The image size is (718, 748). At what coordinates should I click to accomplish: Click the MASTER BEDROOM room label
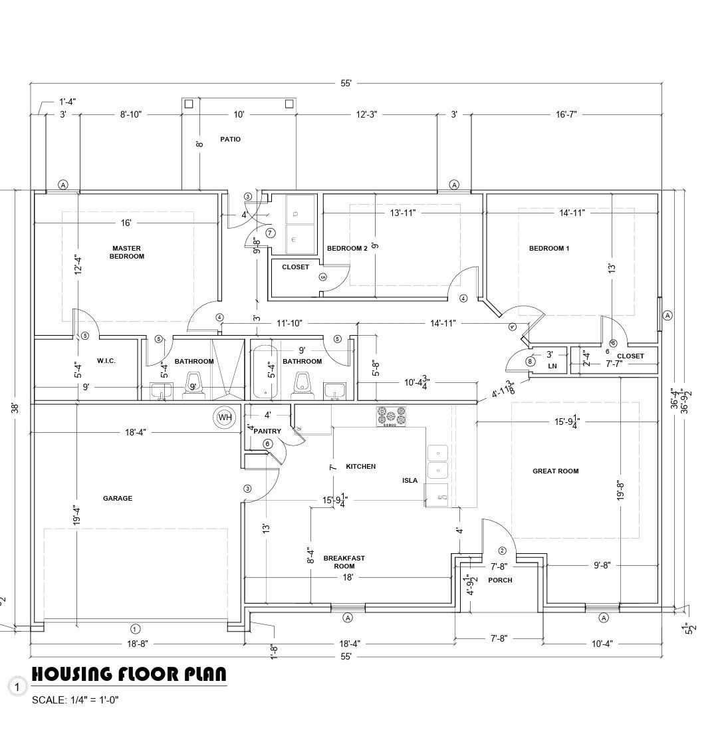coord(126,252)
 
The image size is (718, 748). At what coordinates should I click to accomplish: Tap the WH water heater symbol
coord(225,418)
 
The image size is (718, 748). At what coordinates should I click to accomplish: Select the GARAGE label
coord(118,499)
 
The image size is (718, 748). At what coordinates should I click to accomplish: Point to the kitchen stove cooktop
coord(391,416)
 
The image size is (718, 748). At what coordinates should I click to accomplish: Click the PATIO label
coord(231,140)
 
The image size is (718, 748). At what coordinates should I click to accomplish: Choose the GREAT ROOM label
coord(555,471)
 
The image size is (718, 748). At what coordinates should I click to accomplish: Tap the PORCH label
coord(500,580)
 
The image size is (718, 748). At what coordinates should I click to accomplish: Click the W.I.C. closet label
coord(106,360)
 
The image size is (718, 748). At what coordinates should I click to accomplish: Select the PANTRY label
coord(267,432)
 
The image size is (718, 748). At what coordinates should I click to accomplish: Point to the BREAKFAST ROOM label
coord(344,562)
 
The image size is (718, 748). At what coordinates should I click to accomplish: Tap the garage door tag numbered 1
coord(136,628)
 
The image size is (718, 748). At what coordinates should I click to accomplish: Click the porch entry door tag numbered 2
coord(502,551)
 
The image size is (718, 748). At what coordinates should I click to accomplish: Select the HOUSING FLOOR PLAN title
coord(129,674)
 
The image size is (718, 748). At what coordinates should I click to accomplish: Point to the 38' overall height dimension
coord(16,408)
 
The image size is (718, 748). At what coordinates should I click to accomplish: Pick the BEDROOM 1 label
coord(548,248)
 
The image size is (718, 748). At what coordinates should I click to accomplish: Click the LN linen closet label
coord(552,366)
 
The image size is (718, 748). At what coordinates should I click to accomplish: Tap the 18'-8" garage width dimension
coord(138,644)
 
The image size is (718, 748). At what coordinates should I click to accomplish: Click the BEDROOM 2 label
coord(347,248)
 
